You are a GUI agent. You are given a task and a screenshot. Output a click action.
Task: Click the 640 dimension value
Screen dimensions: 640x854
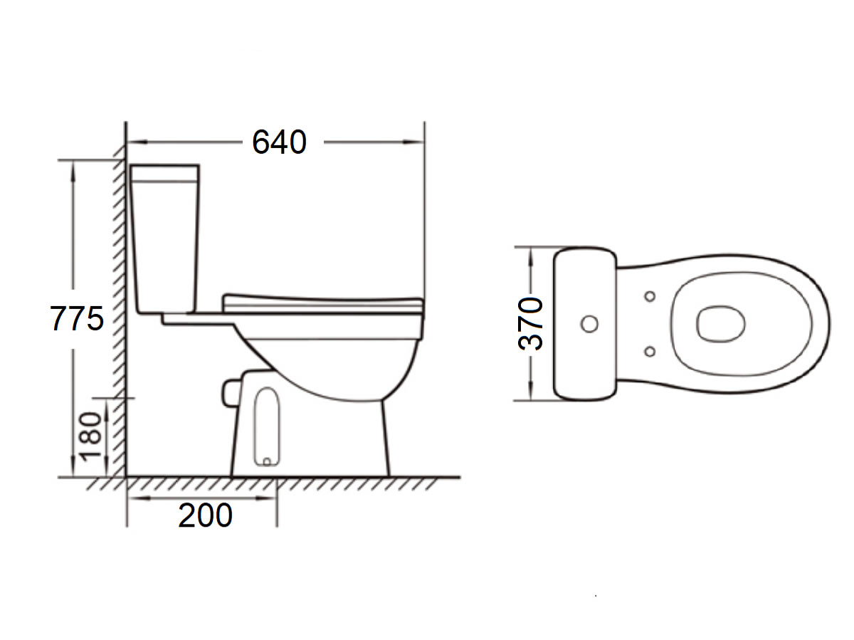tap(279, 142)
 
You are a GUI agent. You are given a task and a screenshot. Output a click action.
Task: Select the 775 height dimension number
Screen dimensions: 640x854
tap(77, 318)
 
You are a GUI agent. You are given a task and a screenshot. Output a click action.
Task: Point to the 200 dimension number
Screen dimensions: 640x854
tap(205, 516)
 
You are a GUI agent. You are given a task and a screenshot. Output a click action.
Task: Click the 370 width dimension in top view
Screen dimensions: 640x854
tap(531, 324)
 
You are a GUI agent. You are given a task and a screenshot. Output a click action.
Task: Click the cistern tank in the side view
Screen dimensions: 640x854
tap(165, 238)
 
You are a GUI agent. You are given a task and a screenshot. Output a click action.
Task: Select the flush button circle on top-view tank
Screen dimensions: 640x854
tap(589, 324)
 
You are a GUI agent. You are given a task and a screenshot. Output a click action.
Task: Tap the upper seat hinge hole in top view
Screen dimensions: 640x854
tap(649, 295)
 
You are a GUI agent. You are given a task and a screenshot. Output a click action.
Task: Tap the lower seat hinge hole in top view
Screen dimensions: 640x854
tap(649, 350)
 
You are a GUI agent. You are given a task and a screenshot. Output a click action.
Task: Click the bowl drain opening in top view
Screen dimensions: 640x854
tap(721, 324)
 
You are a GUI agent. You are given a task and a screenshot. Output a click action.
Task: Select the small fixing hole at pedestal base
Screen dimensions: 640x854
tap(267, 461)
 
